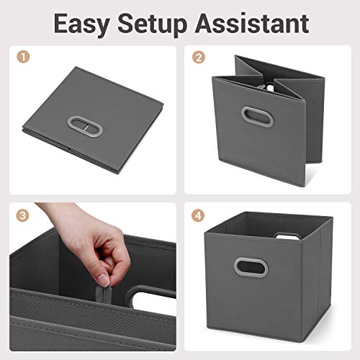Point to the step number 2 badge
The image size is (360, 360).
coord(197,55)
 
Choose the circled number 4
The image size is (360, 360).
coord(197,215)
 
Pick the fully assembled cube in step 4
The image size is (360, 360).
coord(263,277)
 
